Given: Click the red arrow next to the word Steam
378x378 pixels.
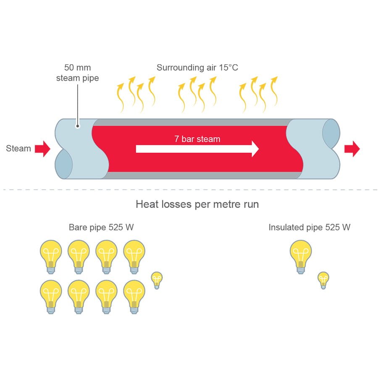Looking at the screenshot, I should [42, 149].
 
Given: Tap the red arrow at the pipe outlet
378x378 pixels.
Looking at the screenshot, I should [352, 149].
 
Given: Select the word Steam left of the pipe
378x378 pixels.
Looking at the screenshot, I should [18, 149].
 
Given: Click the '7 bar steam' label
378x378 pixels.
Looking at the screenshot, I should [197, 139].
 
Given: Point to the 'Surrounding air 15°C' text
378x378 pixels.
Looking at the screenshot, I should [197, 68].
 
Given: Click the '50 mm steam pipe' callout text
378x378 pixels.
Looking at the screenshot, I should [78, 73].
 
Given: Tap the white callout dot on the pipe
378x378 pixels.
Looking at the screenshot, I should [78, 125].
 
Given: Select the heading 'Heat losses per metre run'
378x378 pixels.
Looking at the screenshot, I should [197, 205].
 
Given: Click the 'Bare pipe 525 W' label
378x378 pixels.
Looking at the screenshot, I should [101, 228].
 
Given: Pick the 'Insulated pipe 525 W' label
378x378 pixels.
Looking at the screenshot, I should [310, 228].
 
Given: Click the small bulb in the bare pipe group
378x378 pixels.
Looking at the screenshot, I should [157, 280].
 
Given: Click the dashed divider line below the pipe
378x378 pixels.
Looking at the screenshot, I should [189, 190].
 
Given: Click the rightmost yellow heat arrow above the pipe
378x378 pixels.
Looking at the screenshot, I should [274, 90].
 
